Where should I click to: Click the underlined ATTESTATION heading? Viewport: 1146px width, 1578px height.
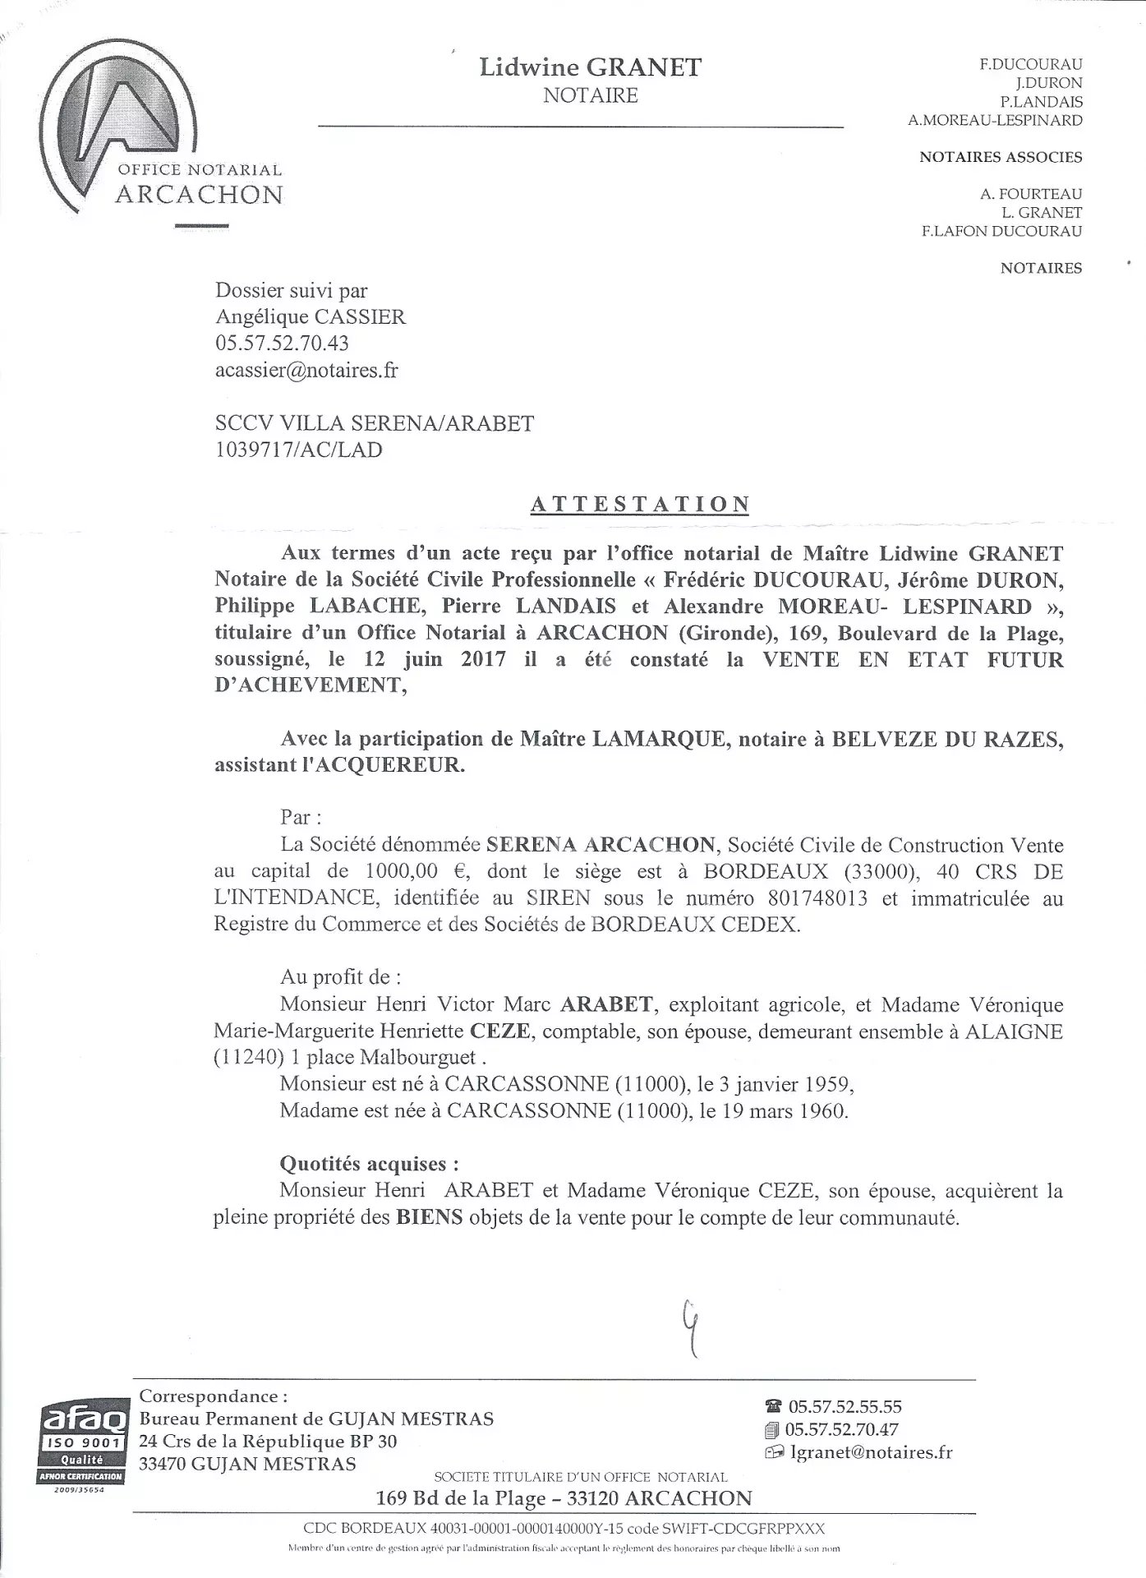640,504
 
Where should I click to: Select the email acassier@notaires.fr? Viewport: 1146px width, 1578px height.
306,370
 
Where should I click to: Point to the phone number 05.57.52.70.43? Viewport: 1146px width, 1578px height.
282,344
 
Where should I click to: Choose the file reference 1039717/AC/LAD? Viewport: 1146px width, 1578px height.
298,450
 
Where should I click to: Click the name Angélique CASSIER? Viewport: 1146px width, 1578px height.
310,316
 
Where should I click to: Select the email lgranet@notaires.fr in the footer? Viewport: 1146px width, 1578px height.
870,1452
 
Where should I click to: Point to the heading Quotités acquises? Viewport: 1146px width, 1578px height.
369,1163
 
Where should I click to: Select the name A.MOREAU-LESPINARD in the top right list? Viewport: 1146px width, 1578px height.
995,120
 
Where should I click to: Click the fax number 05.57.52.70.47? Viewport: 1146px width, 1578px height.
842,1429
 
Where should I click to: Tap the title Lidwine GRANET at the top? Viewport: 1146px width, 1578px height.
591,67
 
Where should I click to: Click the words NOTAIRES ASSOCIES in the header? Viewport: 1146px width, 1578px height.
1001,157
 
